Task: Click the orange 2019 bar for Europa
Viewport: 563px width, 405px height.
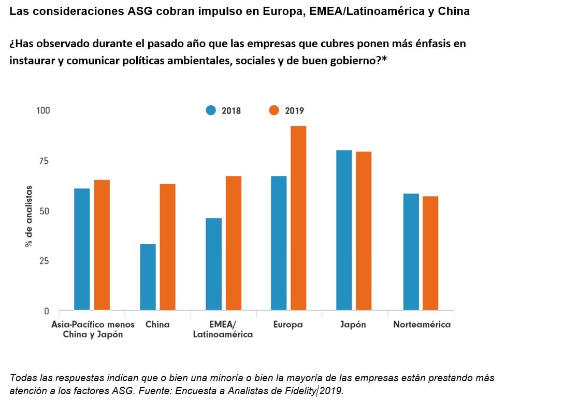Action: pyautogui.click(x=298, y=218)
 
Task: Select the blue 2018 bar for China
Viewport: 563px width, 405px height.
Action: pyautogui.click(x=148, y=277)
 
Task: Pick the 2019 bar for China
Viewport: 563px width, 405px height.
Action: pyautogui.click(x=167, y=247)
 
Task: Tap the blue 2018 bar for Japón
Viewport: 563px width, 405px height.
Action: pyautogui.click(x=344, y=230)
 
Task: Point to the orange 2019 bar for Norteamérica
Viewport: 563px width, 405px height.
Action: pyautogui.click(x=430, y=253)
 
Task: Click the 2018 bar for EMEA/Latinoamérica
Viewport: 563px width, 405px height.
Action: pyautogui.click(x=213, y=264)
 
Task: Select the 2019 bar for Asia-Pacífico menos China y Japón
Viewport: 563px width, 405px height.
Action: pyautogui.click(x=102, y=245)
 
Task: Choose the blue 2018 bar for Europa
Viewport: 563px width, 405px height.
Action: pyautogui.click(x=279, y=243)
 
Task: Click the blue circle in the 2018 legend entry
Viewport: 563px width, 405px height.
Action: pyautogui.click(x=211, y=110)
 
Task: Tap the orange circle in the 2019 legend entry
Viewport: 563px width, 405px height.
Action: pyautogui.click(x=274, y=110)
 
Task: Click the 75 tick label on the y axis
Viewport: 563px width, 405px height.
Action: pyautogui.click(x=44, y=161)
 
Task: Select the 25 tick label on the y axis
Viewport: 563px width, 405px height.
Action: pyautogui.click(x=44, y=261)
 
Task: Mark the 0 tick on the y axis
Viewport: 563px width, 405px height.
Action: pyautogui.click(x=47, y=311)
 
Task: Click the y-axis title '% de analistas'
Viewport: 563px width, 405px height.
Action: pyautogui.click(x=29, y=216)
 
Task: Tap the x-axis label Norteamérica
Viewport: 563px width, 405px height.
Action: pyautogui.click(x=422, y=325)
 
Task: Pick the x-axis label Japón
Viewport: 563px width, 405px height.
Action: pyautogui.click(x=353, y=325)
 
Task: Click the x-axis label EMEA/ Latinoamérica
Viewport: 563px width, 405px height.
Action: pyautogui.click(x=223, y=329)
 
